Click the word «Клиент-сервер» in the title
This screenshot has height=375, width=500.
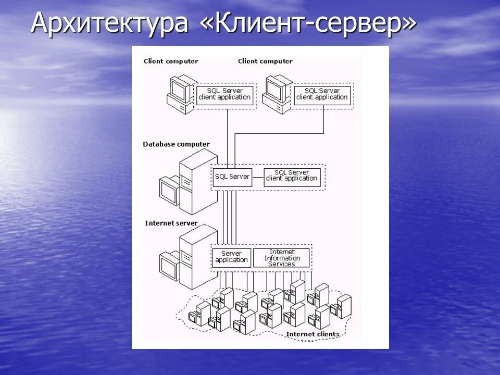(308, 24)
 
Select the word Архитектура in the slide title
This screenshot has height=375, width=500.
(109, 24)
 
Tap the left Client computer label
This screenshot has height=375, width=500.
(170, 61)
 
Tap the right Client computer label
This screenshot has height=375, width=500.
(265, 61)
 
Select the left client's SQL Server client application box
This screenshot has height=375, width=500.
(225, 95)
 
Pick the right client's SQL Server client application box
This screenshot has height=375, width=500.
(322, 95)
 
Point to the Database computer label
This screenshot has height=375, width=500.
(176, 144)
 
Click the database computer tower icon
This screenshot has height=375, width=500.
(198, 180)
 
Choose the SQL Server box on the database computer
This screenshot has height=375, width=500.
(232, 177)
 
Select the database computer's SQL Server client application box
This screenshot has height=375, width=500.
(292, 177)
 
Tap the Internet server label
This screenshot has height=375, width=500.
(171, 223)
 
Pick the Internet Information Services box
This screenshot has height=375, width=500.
(282, 257)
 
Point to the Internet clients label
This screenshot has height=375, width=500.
(312, 334)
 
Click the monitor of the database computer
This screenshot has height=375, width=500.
(170, 192)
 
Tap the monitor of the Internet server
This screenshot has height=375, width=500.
(170, 267)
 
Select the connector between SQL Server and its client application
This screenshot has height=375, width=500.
(258, 177)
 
